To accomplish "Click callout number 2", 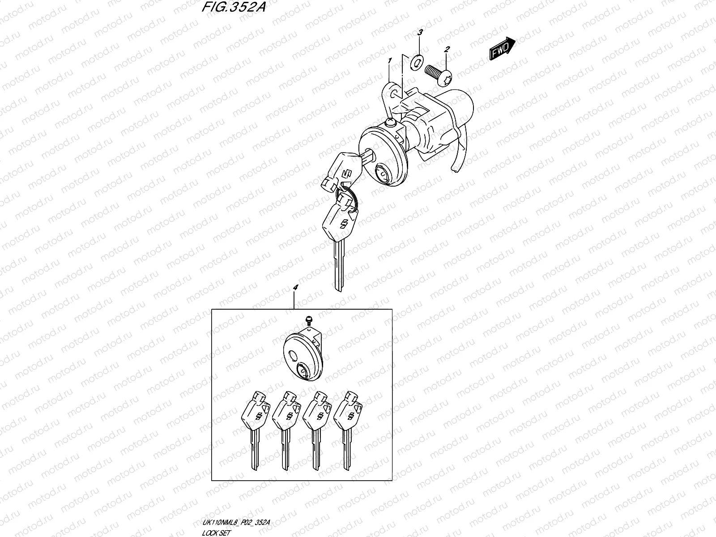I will [x=446, y=51].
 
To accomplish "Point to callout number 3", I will [x=420, y=33].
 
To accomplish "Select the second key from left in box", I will [x=285, y=430].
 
